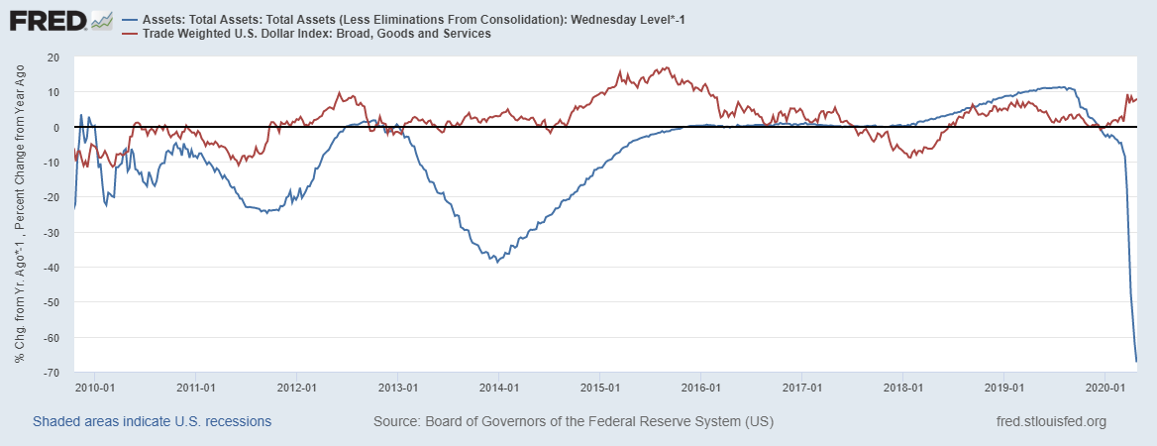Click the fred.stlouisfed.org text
point(1050,421)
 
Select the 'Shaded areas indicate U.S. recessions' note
point(152,421)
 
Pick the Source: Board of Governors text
point(574,421)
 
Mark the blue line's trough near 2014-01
point(496,261)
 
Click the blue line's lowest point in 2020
point(1136,361)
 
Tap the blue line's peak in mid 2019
point(1062,87)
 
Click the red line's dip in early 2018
point(909,158)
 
